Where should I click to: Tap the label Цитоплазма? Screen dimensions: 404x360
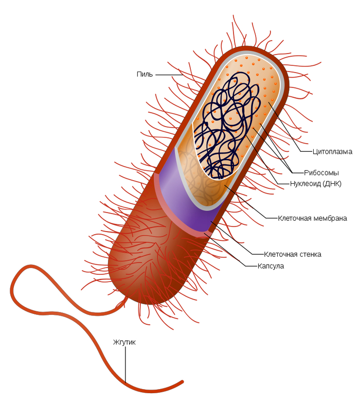pyautogui.click(x=332, y=152)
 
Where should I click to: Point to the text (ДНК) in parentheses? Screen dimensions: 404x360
pyautogui.click(x=333, y=184)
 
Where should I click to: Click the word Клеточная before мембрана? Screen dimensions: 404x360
pyautogui.click(x=294, y=218)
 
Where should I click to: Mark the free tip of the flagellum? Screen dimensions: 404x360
pyautogui.click(x=182, y=382)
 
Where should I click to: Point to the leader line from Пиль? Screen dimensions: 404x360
pyautogui.click(x=168, y=75)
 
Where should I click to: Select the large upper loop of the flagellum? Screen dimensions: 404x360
pyautogui.click(x=21, y=278)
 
